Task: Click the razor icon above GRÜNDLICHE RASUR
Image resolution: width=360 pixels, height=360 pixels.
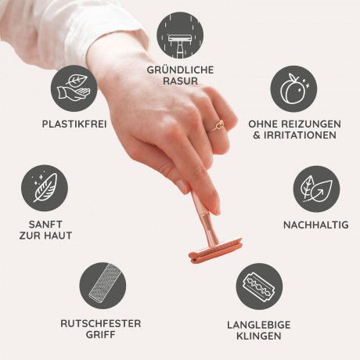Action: click(x=180, y=35)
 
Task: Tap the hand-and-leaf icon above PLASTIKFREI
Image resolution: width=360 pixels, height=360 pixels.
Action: click(x=74, y=88)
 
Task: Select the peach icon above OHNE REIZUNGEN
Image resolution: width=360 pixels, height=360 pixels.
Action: click(x=293, y=88)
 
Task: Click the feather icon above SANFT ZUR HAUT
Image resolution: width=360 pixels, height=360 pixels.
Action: click(x=45, y=188)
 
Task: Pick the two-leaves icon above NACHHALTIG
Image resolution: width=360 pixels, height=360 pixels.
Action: click(x=316, y=189)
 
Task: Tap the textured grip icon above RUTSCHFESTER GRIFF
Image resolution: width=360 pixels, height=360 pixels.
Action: click(x=103, y=286)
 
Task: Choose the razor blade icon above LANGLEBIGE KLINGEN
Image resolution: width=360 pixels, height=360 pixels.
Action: click(x=259, y=286)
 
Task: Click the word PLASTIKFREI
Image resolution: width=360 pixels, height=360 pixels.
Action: click(x=74, y=124)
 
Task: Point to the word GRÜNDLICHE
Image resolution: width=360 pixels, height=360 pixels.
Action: click(x=180, y=70)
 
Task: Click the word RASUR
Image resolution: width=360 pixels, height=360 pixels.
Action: click(x=180, y=81)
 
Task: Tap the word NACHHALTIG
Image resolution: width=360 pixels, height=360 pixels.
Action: click(x=316, y=225)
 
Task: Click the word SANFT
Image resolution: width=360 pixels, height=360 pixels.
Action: click(x=45, y=225)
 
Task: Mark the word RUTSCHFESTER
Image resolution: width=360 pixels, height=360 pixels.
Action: click(x=101, y=323)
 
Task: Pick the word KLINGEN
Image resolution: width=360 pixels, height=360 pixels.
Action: click(x=259, y=336)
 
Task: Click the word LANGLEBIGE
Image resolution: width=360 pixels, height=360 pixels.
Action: click(x=259, y=325)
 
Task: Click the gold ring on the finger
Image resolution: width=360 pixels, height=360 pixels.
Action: click(x=218, y=126)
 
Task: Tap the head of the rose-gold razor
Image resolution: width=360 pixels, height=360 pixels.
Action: click(x=215, y=250)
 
